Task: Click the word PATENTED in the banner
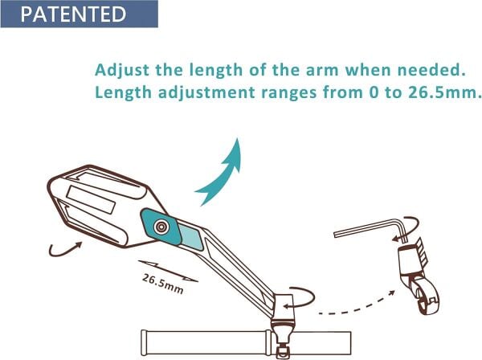click(x=73, y=14)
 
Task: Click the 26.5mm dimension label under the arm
click(x=163, y=284)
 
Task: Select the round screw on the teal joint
click(x=161, y=227)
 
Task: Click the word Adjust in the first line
click(x=122, y=71)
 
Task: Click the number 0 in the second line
click(x=374, y=92)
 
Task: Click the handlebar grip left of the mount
click(x=206, y=342)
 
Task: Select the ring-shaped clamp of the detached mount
click(x=426, y=295)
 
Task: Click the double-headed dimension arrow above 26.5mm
click(x=168, y=271)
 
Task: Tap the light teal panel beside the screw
click(x=190, y=237)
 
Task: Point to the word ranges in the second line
click(x=288, y=93)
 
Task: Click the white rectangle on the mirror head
click(x=91, y=200)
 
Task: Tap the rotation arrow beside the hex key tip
click(x=409, y=228)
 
